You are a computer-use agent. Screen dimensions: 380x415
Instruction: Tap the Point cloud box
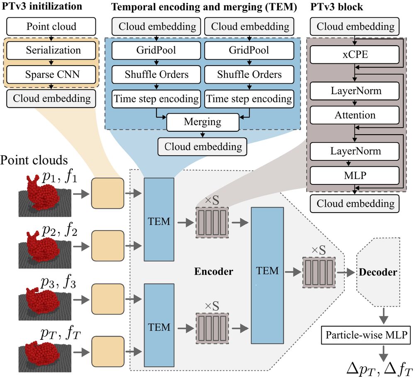pyautogui.click(x=51, y=27)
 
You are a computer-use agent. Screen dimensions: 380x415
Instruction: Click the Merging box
pyautogui.click(x=203, y=122)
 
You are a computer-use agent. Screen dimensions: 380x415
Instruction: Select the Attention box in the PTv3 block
pyautogui.click(x=355, y=115)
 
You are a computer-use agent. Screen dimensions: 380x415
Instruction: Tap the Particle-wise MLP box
pyautogui.click(x=366, y=335)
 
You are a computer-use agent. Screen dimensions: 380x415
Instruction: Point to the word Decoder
pyautogui.click(x=378, y=272)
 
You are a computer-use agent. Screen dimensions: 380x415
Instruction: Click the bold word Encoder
pyautogui.click(x=214, y=272)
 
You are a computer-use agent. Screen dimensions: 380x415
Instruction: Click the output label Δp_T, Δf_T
pyautogui.click(x=379, y=368)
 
